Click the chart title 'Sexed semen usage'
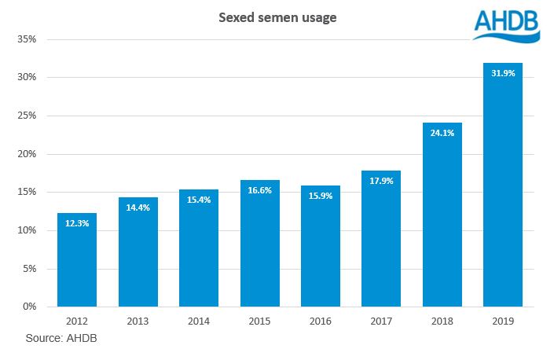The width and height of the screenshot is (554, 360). coord(277,17)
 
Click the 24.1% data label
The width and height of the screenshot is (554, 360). coord(442,133)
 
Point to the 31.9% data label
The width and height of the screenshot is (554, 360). coord(503,74)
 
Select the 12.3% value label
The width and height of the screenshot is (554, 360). coord(77,224)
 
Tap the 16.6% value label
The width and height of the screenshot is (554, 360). coord(259,191)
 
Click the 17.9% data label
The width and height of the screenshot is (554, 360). coord(381,181)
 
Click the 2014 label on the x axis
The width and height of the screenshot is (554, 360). coord(199,322)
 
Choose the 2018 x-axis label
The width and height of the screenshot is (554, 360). coord(442,322)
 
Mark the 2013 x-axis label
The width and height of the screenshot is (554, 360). coord(138,322)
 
